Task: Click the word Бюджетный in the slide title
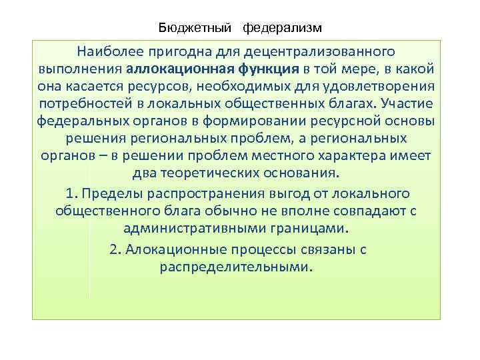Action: pos(194,28)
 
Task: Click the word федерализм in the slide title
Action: pos(282,28)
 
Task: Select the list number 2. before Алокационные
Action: pos(114,249)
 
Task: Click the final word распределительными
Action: pos(235,267)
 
